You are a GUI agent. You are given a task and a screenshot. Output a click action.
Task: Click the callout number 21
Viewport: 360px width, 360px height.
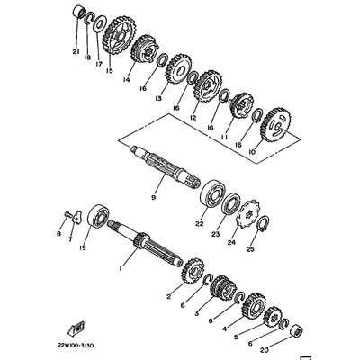point(76,51)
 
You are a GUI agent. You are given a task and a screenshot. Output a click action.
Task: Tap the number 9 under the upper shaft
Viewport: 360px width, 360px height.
point(154,196)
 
